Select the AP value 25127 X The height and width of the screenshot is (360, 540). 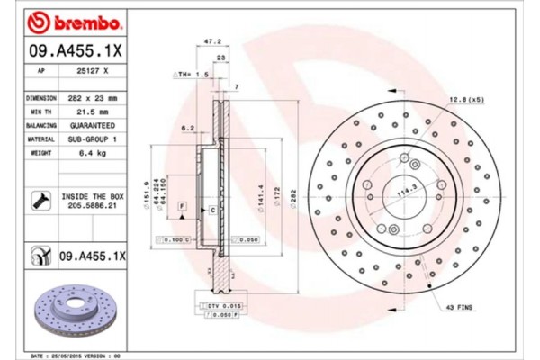tap(94, 69)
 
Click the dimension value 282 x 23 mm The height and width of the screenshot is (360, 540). tap(94, 96)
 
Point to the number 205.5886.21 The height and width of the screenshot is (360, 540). tap(94, 205)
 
